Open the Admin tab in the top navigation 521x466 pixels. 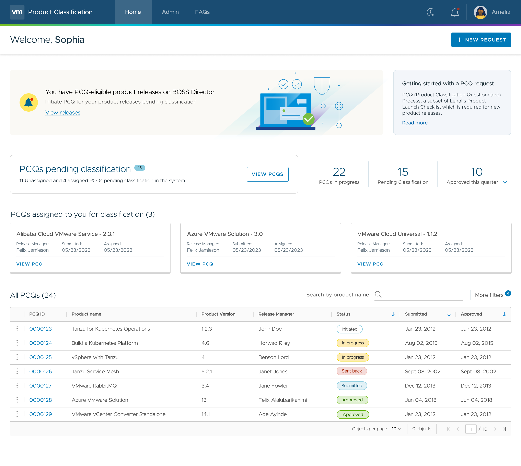pyautogui.click(x=170, y=12)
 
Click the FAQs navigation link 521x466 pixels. pyautogui.click(x=202, y=12)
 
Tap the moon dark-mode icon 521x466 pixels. pyautogui.click(x=430, y=12)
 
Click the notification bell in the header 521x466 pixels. pyautogui.click(x=455, y=12)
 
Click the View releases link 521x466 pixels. pyautogui.click(x=63, y=113)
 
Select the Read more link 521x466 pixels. pyautogui.click(x=415, y=123)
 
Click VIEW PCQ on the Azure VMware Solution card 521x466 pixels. pyautogui.click(x=200, y=264)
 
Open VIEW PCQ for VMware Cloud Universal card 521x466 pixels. pyautogui.click(x=370, y=264)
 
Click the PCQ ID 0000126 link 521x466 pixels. pyautogui.click(x=40, y=371)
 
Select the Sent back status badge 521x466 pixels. pyautogui.click(x=352, y=371)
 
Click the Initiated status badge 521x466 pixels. pyautogui.click(x=349, y=329)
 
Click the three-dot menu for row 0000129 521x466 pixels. pyautogui.click(x=17, y=414)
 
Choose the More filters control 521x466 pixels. pyautogui.click(x=489, y=295)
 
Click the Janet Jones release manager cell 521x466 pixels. pyautogui.click(x=273, y=371)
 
